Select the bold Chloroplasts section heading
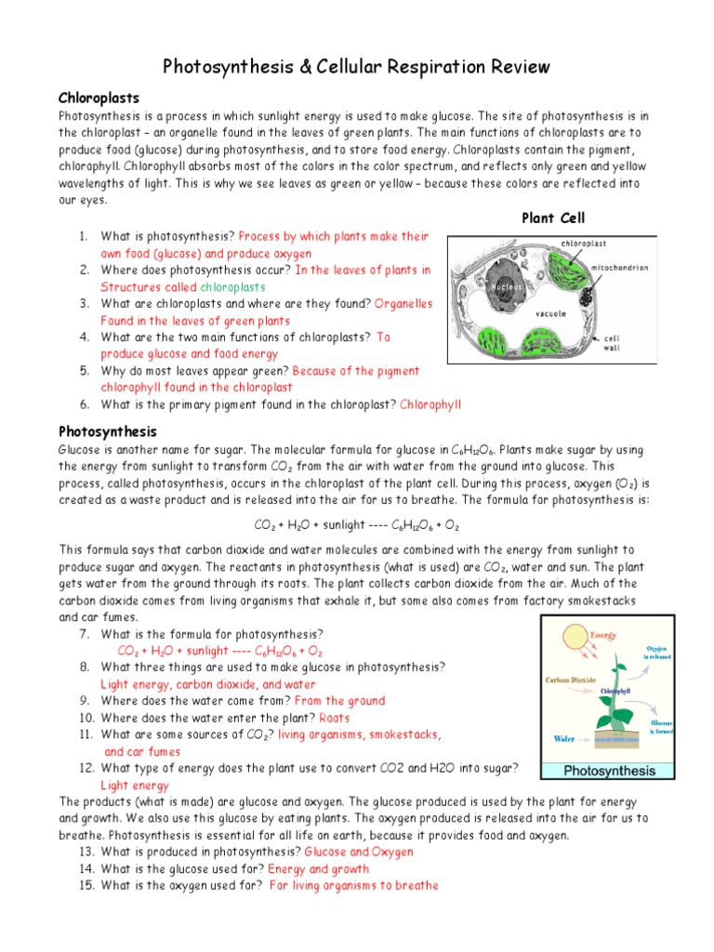click(x=99, y=97)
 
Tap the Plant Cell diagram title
click(x=553, y=218)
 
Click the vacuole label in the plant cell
click(x=551, y=314)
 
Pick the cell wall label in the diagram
click(x=613, y=343)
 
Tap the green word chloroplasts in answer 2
click(x=233, y=286)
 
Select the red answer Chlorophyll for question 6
click(x=430, y=404)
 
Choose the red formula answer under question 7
click(x=220, y=651)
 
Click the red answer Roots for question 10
click(x=335, y=718)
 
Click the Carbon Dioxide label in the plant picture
click(x=575, y=680)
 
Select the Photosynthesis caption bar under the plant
click(x=609, y=770)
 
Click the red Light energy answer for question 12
click(x=135, y=785)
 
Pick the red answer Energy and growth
click(x=318, y=869)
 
